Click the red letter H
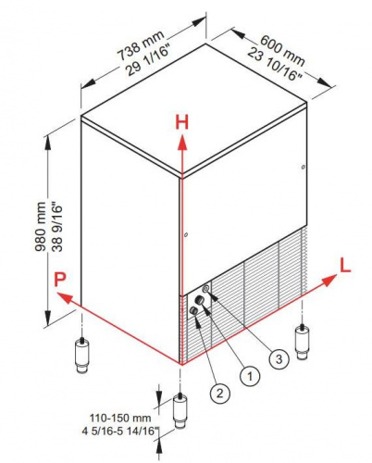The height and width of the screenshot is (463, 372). point(181,122)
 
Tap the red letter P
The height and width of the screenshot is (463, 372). point(60,280)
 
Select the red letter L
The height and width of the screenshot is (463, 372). point(345,266)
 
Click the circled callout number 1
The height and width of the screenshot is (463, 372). point(250,376)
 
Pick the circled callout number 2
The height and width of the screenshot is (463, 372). point(219,394)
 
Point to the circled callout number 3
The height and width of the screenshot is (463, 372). point(279,359)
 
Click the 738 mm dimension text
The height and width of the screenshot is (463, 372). point(141,45)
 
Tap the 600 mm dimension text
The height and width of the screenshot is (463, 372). point(282,50)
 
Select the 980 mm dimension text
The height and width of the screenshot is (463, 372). point(40,227)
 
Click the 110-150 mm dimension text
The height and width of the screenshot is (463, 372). point(120,418)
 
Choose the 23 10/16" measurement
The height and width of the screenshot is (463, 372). point(274,65)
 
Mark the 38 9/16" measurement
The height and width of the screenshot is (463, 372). point(57,227)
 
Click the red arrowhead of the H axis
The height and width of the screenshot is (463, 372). point(182,144)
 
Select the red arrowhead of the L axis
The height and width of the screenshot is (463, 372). point(329,280)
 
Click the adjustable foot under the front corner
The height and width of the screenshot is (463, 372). point(180,410)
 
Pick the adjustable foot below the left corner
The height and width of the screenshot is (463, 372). point(82,355)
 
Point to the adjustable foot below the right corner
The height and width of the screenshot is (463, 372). point(302,342)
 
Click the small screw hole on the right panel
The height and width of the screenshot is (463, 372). point(304,168)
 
